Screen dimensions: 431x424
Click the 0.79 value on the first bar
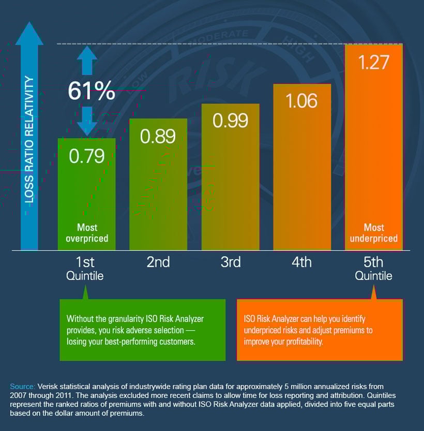(x=87, y=156)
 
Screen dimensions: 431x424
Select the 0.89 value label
(x=158, y=136)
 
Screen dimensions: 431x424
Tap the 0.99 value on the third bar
(x=230, y=120)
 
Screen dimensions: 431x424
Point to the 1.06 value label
(x=301, y=100)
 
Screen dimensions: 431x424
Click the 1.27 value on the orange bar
(x=374, y=63)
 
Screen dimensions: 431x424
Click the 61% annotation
(x=91, y=92)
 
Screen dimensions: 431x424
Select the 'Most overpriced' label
(x=87, y=233)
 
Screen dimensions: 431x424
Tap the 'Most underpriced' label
(x=374, y=233)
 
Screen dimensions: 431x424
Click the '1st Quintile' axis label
(x=85, y=269)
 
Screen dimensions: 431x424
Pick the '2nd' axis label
(x=158, y=262)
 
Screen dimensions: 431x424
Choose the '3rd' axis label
(x=230, y=262)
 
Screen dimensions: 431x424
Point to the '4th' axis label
(x=301, y=262)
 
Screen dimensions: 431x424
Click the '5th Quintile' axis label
(x=373, y=269)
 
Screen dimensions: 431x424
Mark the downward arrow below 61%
(x=87, y=121)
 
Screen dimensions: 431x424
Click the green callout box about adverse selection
(x=142, y=330)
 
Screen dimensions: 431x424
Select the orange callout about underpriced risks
(x=319, y=330)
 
